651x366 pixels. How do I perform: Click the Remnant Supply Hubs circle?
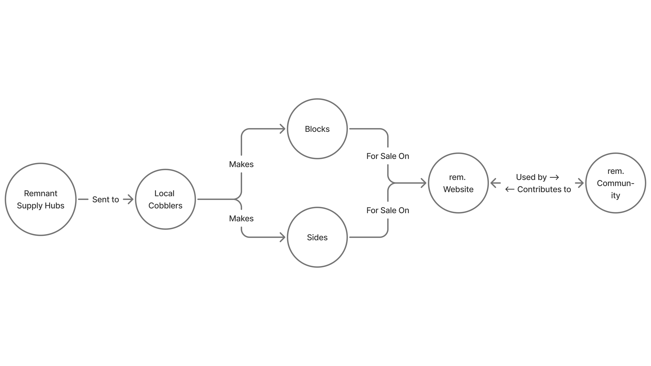[41, 199]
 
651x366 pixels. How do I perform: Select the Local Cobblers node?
[165, 199]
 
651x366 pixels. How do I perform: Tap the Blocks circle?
[317, 129]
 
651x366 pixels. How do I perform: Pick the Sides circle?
[317, 237]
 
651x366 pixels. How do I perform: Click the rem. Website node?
[458, 183]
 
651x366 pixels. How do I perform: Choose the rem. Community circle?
[615, 183]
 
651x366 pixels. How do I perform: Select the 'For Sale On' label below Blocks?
[388, 156]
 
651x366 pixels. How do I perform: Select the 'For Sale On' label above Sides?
[388, 210]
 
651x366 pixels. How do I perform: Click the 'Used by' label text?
[531, 177]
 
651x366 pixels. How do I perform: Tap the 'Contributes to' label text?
[544, 189]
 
